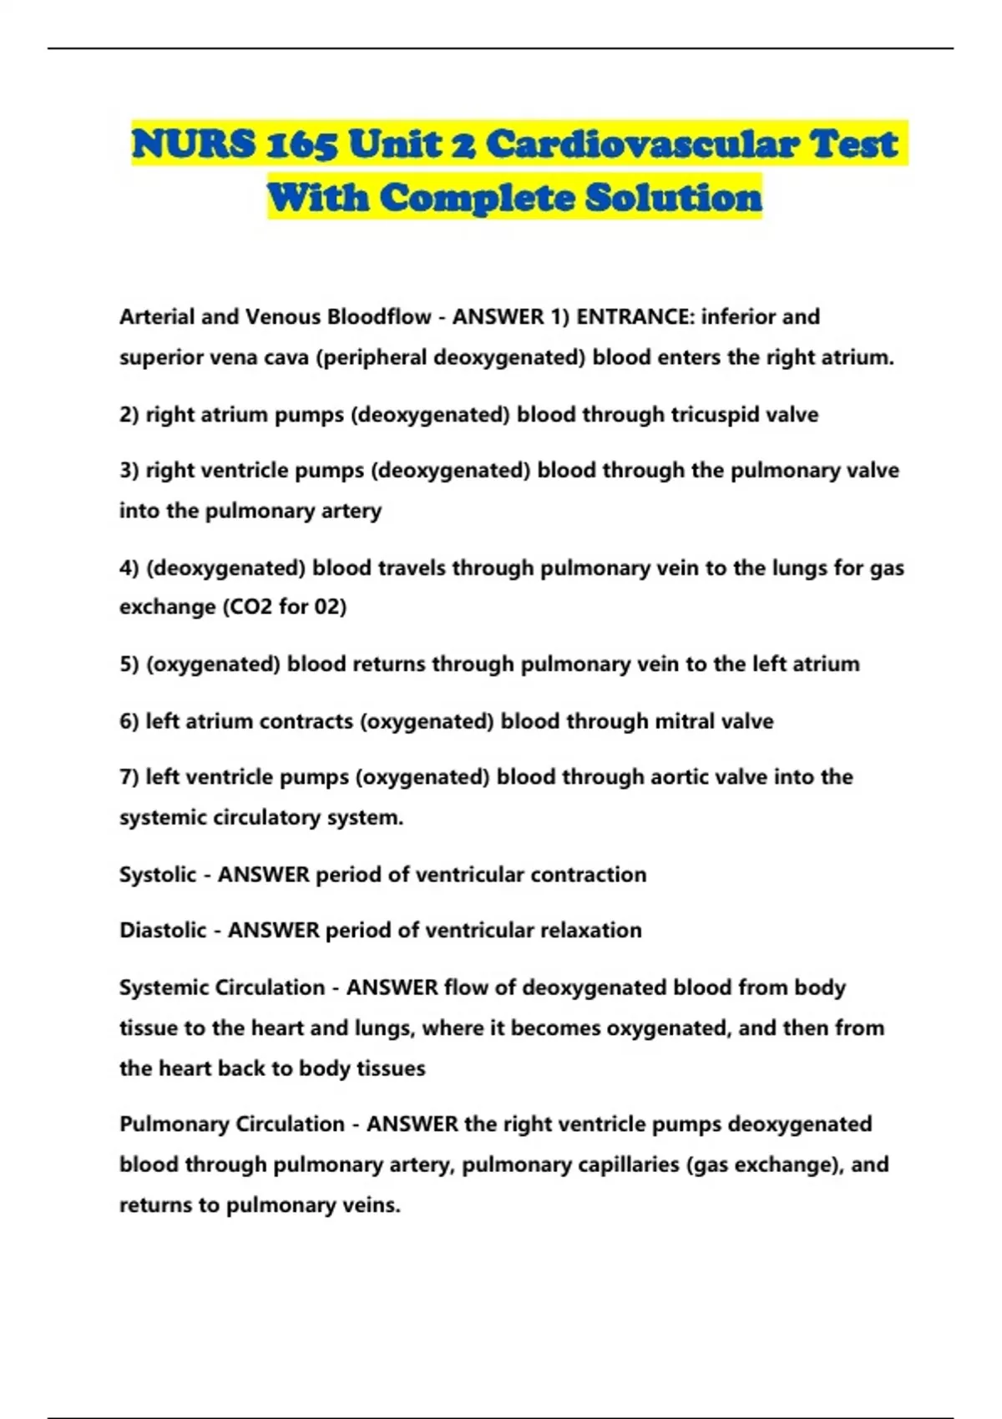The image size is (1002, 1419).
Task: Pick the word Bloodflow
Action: (x=380, y=317)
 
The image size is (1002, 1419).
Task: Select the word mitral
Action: (x=685, y=721)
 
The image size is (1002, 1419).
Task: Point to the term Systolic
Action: (x=158, y=875)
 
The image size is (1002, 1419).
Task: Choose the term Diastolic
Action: (x=163, y=931)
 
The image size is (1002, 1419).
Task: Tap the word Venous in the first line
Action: (x=283, y=317)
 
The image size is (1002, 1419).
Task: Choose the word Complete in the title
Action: (x=476, y=198)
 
